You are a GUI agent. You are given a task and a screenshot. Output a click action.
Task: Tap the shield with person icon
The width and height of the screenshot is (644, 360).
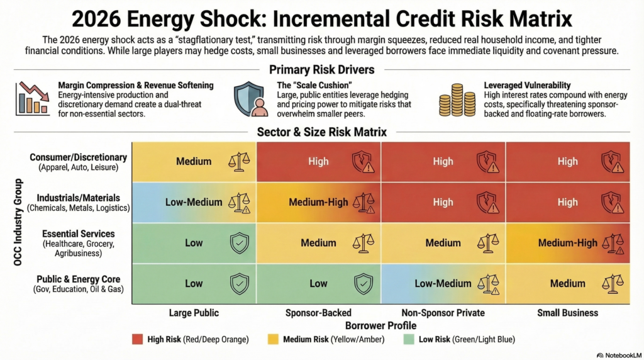click(250, 99)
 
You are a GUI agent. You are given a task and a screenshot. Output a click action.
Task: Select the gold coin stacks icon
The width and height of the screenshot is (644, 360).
click(458, 100)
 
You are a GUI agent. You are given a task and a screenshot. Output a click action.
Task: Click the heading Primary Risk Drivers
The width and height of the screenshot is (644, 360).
click(321, 70)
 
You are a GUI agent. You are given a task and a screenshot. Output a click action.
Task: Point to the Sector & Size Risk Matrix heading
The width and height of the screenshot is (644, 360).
click(321, 132)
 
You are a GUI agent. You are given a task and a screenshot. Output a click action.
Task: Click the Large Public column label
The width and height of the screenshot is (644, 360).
click(194, 312)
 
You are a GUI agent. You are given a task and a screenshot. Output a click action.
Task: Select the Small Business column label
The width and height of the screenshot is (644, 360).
click(567, 312)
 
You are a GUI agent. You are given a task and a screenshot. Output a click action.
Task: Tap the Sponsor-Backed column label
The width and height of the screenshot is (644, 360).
click(318, 312)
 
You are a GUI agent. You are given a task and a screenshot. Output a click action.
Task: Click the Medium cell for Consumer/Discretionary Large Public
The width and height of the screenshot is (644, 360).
click(194, 161)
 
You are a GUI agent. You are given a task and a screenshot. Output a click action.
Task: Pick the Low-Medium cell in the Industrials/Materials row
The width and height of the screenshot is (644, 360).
click(194, 202)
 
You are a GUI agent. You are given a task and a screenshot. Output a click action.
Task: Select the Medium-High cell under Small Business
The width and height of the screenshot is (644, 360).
click(567, 243)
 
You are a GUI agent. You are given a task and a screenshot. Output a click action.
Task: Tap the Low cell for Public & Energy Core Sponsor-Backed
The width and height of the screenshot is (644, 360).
click(318, 284)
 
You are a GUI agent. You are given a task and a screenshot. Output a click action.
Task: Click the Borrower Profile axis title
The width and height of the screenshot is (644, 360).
click(380, 325)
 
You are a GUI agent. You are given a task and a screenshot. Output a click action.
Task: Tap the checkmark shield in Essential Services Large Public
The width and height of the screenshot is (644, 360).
click(239, 243)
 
